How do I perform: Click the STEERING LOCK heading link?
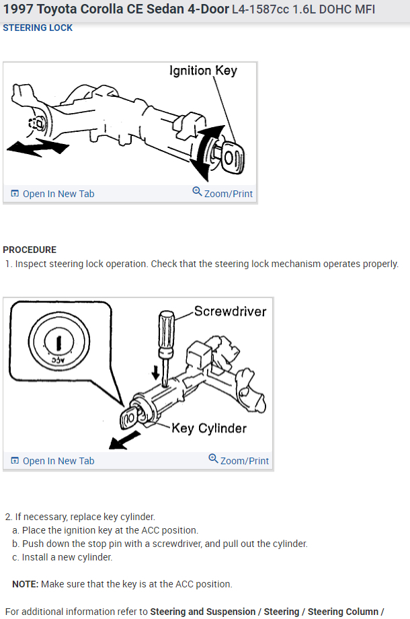click(x=38, y=28)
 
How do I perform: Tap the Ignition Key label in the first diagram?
click(x=203, y=71)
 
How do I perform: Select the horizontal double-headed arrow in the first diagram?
click(x=37, y=147)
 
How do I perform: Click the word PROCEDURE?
click(x=30, y=250)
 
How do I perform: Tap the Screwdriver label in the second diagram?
click(x=230, y=312)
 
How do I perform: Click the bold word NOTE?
click(x=25, y=584)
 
